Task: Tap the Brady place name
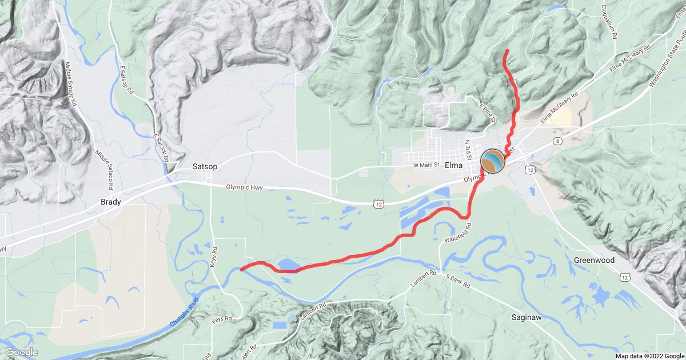coord(111,202)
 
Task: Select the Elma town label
coord(453,166)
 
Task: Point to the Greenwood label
coord(594,261)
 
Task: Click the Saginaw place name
coord(527,318)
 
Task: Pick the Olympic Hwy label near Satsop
coord(248,187)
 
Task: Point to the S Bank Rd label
coord(457,280)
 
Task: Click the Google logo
coord(22,352)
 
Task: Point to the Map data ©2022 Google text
coord(649,355)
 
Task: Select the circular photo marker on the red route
coord(493,161)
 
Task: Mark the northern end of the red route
coord(507,51)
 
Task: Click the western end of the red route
coord(242,268)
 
